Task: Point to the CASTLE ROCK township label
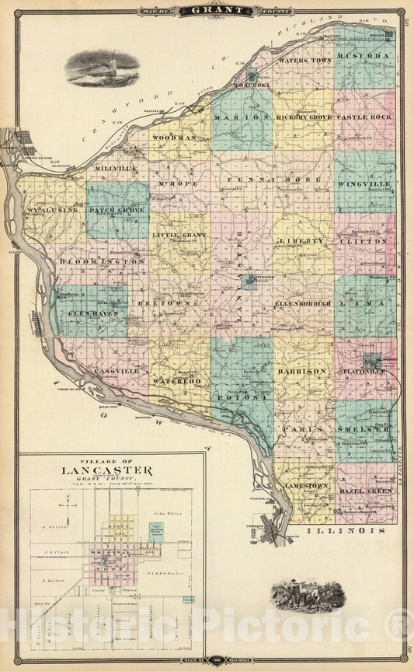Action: coord(365,116)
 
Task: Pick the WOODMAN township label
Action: coord(174,137)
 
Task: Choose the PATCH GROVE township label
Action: coord(117,209)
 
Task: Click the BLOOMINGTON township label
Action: coord(101,262)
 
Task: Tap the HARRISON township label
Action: coord(301,372)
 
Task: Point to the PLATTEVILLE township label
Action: coord(365,372)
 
